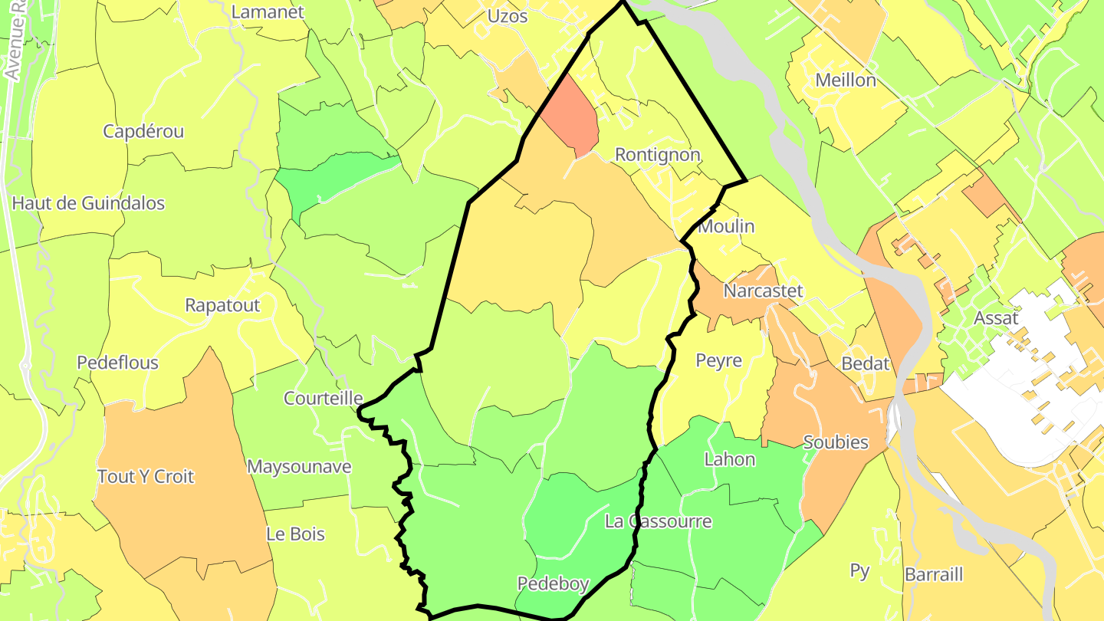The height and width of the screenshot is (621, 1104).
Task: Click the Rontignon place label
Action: click(x=658, y=155)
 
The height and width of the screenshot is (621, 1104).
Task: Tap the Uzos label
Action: click(x=508, y=15)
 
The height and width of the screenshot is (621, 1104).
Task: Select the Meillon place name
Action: click(x=846, y=80)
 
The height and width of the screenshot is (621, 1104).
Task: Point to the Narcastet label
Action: click(x=764, y=291)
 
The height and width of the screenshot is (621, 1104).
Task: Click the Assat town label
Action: click(x=996, y=318)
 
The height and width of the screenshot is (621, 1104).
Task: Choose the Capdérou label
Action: click(x=143, y=131)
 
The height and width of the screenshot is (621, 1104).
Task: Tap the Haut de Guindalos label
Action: click(x=88, y=203)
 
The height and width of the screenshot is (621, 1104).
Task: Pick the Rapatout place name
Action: click(x=222, y=305)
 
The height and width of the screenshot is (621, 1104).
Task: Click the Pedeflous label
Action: click(x=117, y=363)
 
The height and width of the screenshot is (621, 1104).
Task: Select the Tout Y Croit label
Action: click(x=146, y=476)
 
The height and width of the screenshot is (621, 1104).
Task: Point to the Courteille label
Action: click(x=323, y=399)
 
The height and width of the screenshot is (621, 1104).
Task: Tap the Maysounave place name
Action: click(x=299, y=467)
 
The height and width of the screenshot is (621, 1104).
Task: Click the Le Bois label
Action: click(x=295, y=534)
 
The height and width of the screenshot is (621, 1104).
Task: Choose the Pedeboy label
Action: click(x=553, y=584)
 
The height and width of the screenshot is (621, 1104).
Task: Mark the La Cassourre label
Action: click(x=659, y=521)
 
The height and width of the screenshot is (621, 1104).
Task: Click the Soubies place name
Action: click(x=836, y=442)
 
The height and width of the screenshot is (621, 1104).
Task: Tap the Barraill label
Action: click(x=934, y=574)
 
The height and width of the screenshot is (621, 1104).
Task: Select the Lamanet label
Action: click(x=268, y=12)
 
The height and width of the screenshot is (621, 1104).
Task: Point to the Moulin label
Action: click(x=727, y=226)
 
